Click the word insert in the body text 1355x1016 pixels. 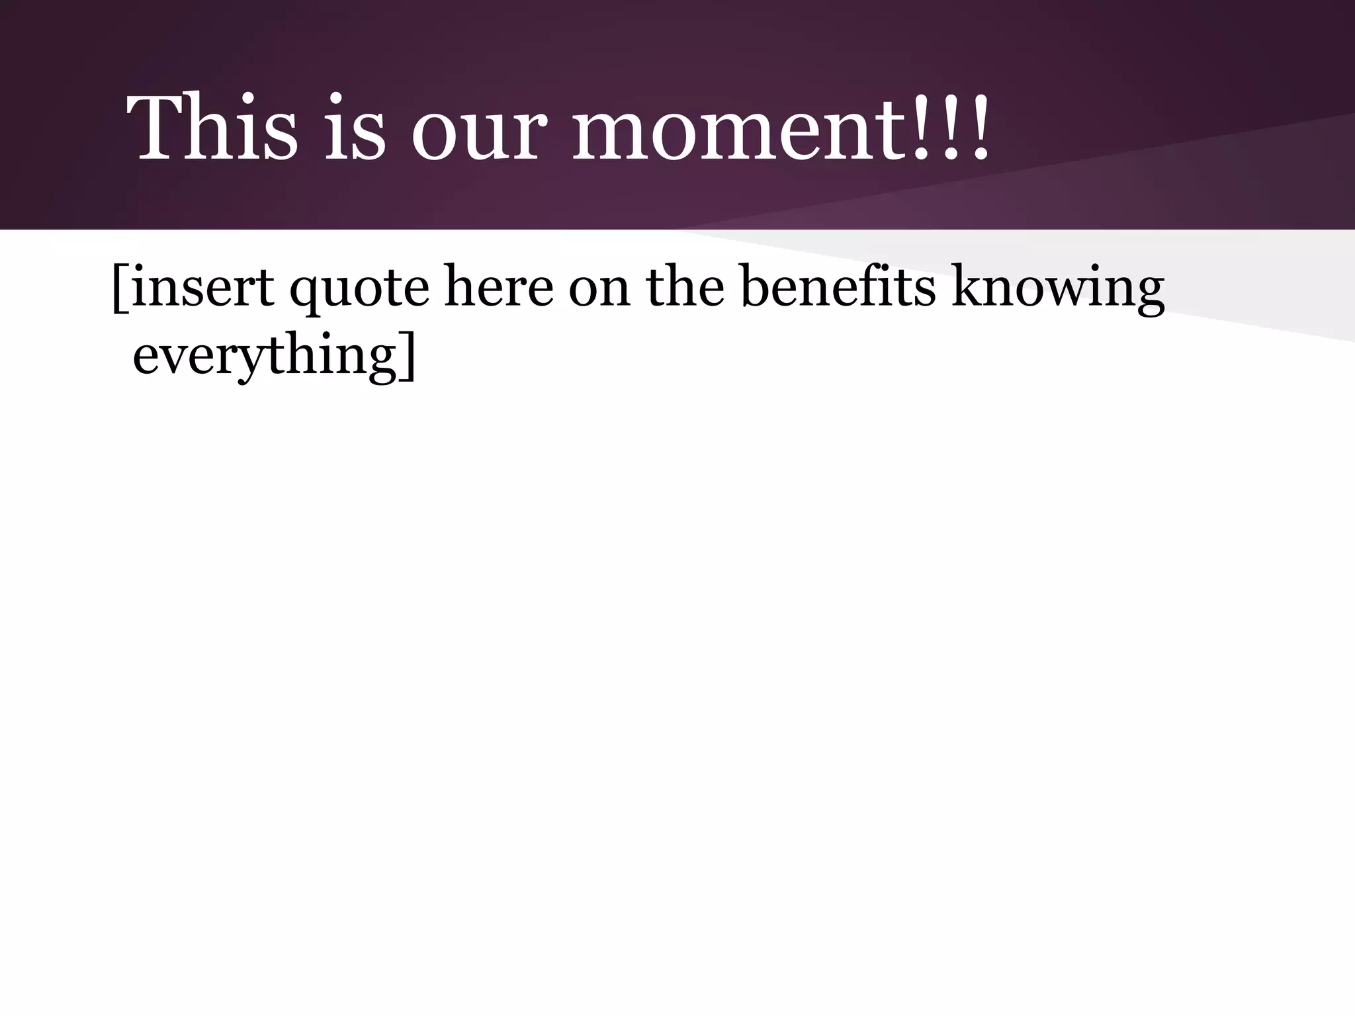(202, 287)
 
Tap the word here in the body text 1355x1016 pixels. (498, 287)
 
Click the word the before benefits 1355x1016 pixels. (685, 287)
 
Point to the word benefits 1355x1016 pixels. (838, 287)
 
